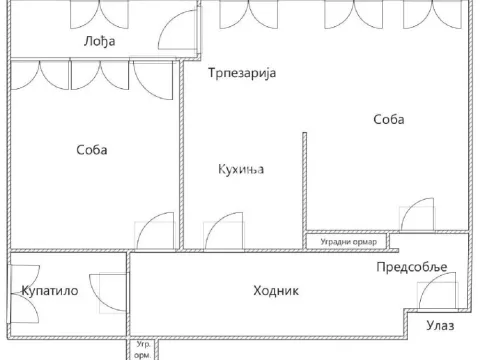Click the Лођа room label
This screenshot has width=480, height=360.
click(x=98, y=41)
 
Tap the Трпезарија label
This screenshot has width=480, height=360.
click(x=241, y=74)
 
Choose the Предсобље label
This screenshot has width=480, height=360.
click(x=411, y=266)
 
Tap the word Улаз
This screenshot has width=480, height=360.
click(x=440, y=325)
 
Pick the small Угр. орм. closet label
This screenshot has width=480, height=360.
click(x=144, y=350)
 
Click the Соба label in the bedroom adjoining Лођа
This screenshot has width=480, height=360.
click(x=91, y=150)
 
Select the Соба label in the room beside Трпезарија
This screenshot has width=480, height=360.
click(x=388, y=120)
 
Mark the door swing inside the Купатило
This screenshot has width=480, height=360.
click(x=102, y=289)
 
